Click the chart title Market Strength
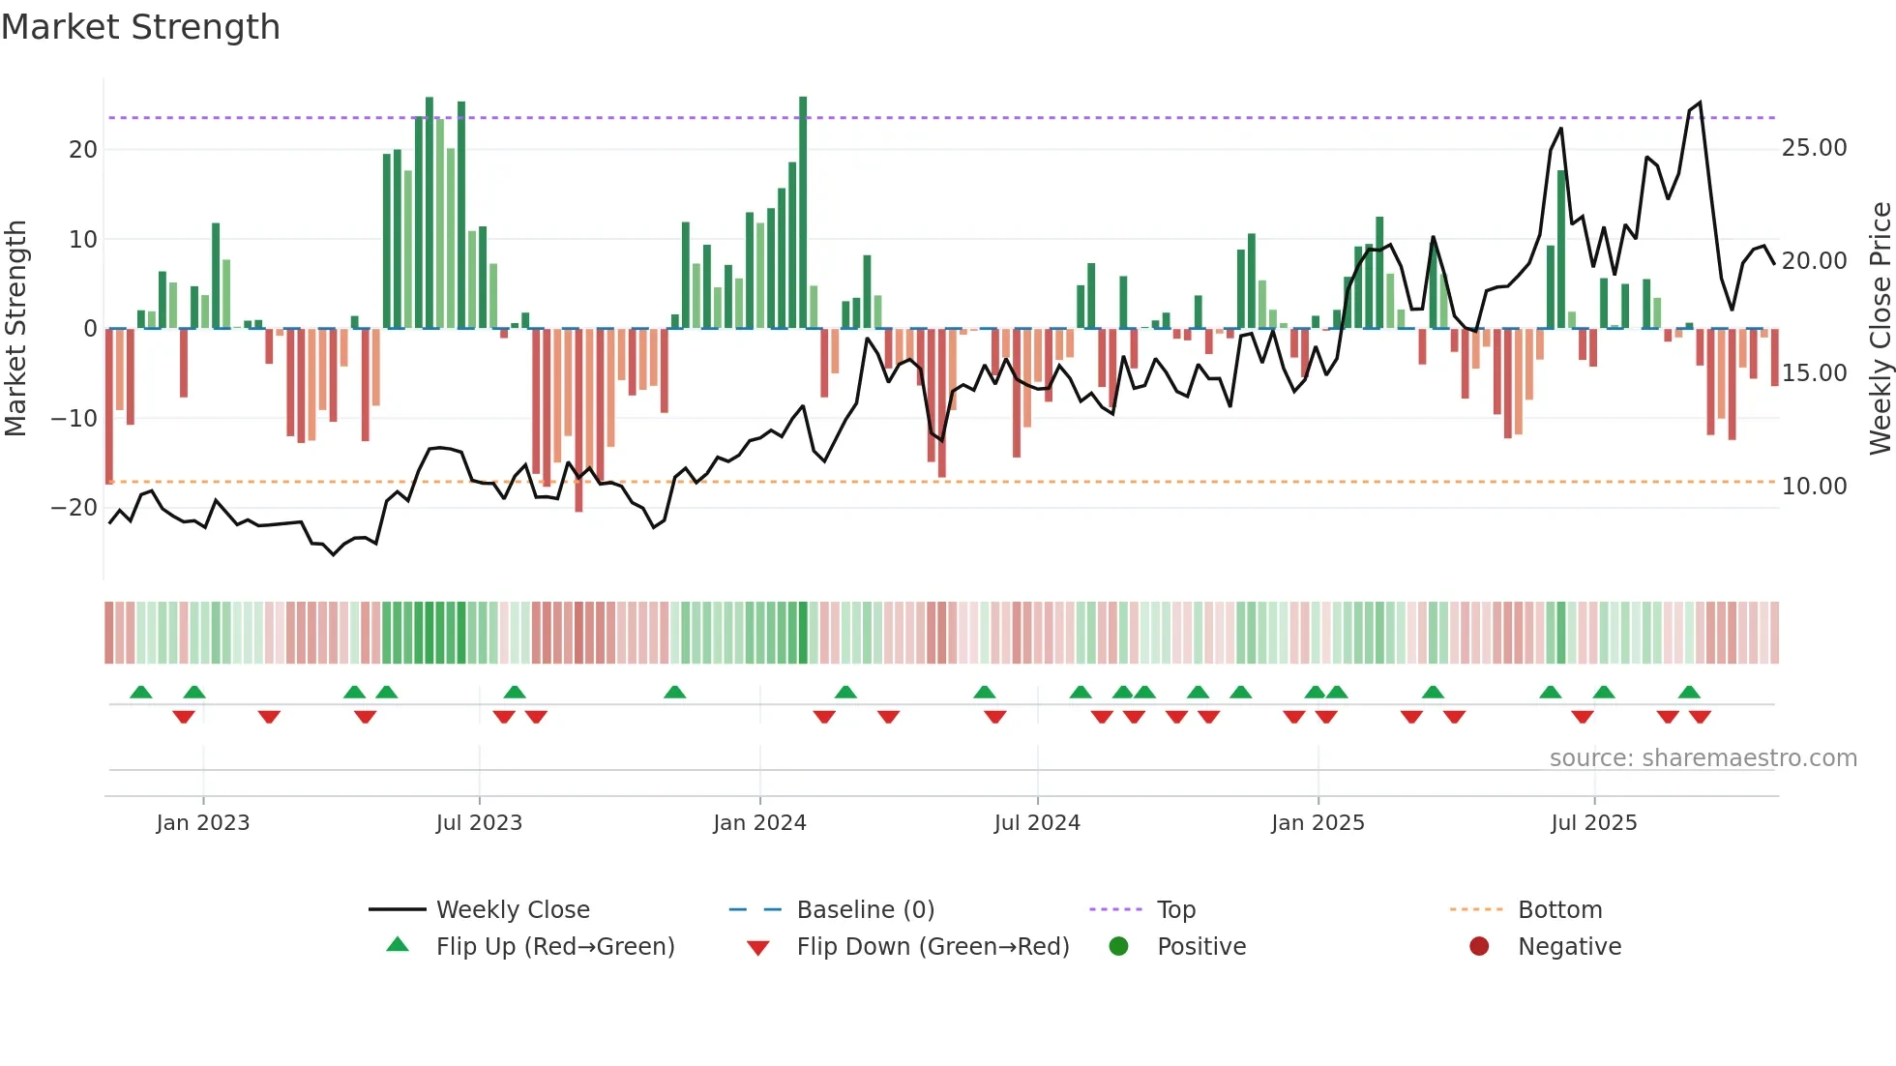point(140,27)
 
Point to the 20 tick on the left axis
point(83,149)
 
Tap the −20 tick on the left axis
point(74,507)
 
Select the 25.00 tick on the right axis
point(1814,148)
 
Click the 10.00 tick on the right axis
point(1814,486)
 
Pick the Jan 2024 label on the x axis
point(759,822)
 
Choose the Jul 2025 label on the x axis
point(1593,822)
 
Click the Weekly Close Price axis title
point(1880,328)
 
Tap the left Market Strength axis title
point(15,328)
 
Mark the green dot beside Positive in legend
point(1118,946)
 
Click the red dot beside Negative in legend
point(1478,946)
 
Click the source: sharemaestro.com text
point(1703,757)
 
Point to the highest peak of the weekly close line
point(1700,103)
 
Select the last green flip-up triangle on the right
point(1689,692)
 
